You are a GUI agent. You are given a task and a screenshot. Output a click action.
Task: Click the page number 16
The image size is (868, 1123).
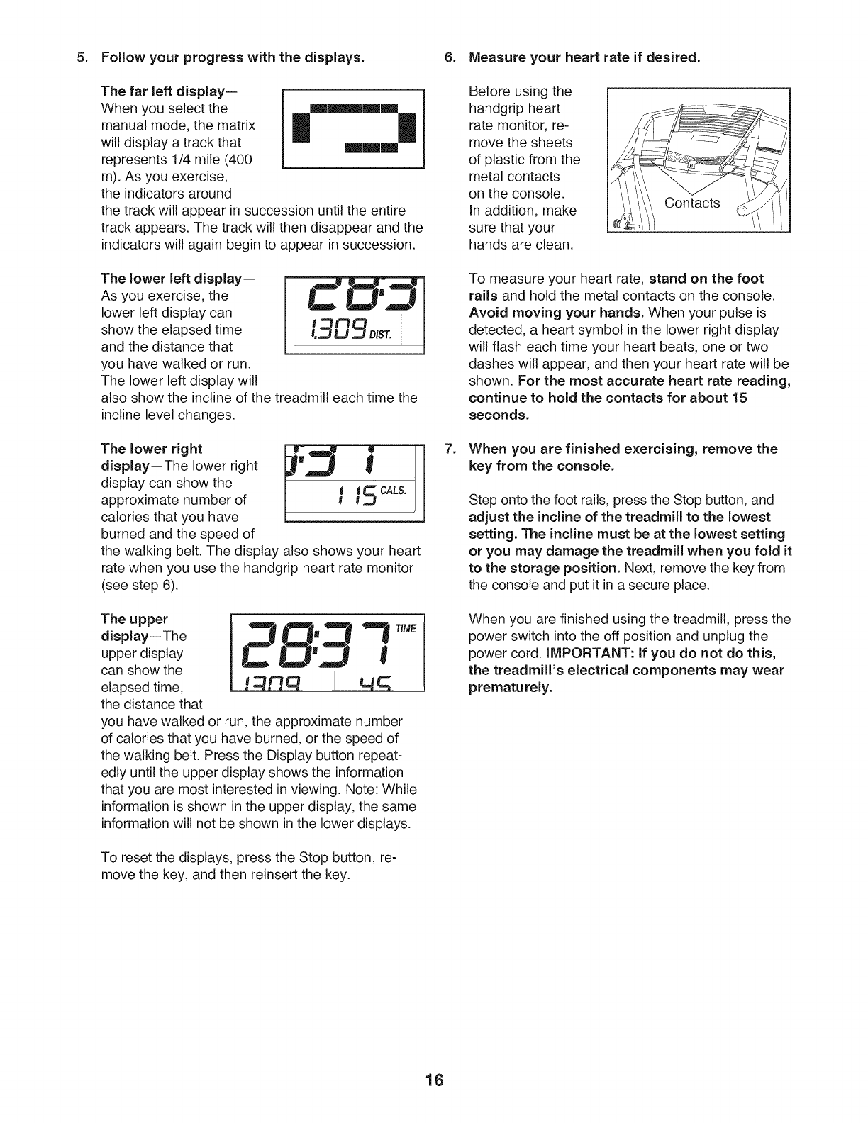point(434,1080)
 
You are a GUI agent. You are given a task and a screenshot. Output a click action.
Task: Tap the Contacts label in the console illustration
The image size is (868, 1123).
point(691,203)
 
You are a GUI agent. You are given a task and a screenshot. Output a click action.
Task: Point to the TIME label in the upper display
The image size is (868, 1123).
point(408,628)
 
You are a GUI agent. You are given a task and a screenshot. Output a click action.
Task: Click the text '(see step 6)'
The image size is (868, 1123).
point(140,585)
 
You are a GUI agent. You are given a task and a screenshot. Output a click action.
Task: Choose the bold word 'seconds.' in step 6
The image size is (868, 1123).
point(499,415)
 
